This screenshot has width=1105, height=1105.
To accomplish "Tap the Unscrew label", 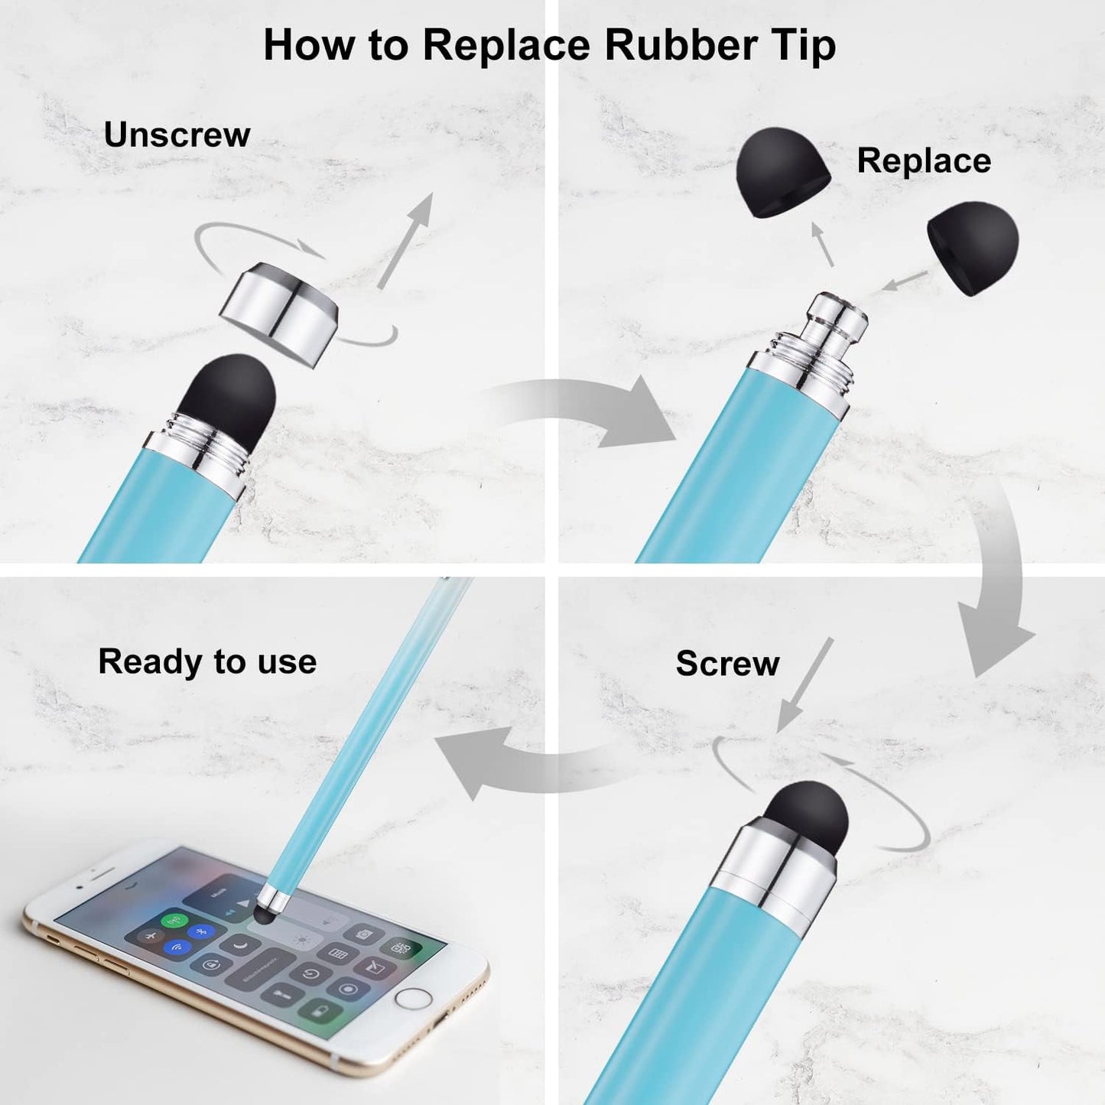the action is click(177, 135).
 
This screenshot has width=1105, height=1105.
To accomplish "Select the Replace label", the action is click(924, 161).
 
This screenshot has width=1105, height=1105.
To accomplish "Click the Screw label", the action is click(728, 664).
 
